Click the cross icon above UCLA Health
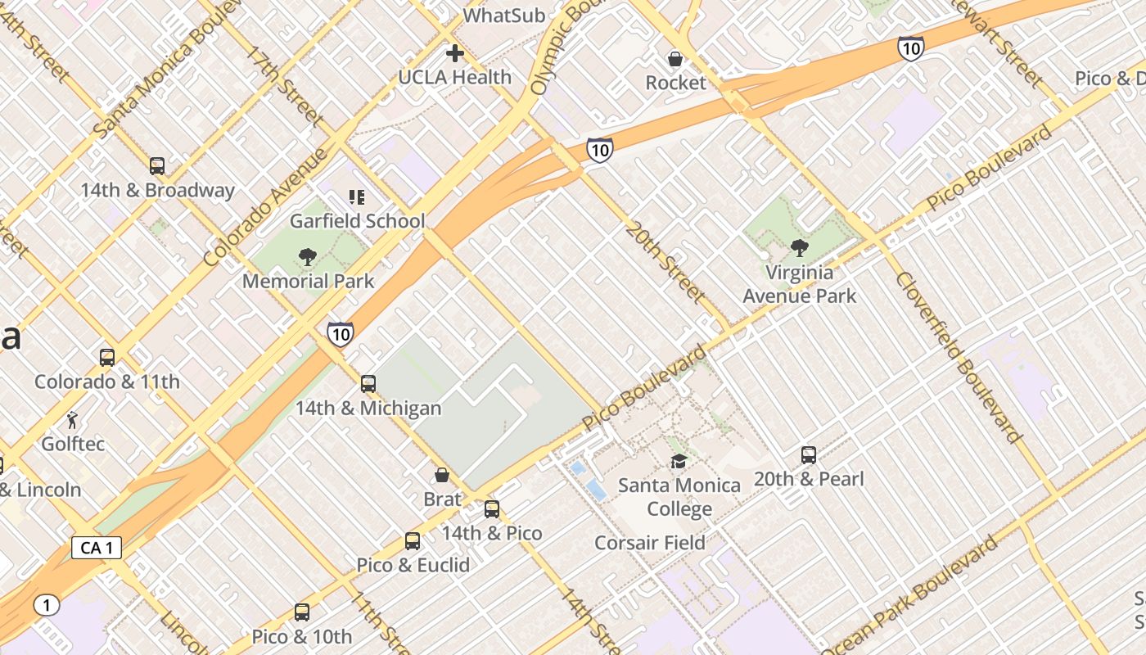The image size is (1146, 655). [455, 54]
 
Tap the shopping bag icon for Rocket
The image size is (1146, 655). [675, 59]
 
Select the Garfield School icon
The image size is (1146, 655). [357, 197]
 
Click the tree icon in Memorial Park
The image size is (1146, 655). [308, 258]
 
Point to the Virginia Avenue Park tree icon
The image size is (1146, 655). [799, 248]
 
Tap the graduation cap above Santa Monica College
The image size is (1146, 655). [679, 462]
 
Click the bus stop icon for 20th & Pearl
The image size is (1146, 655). [809, 455]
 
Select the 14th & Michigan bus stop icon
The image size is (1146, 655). [368, 384]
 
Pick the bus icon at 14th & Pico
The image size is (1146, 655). [492, 509]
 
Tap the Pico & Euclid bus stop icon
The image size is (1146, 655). [413, 541]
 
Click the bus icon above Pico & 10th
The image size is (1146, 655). [302, 612]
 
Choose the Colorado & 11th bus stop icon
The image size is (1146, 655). [107, 358]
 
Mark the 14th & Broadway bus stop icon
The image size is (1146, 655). [157, 166]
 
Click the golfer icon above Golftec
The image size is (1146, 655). [72, 421]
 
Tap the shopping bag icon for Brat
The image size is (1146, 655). [442, 476]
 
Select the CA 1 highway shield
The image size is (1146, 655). [97, 548]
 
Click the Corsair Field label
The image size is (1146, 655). [649, 543]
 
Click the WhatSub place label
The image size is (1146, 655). [503, 16]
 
